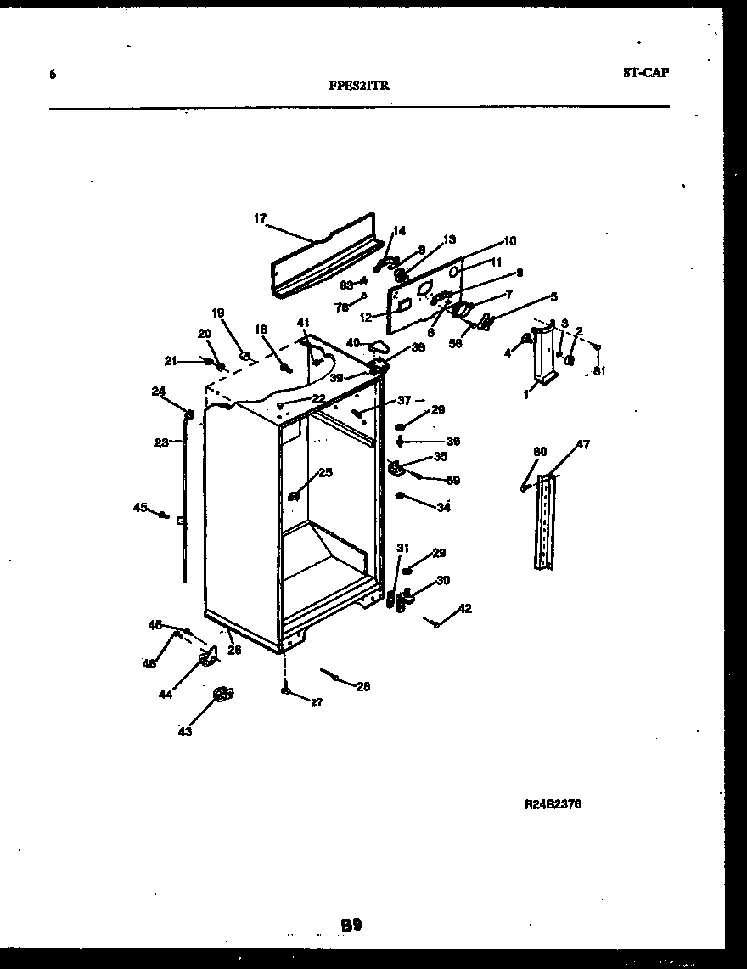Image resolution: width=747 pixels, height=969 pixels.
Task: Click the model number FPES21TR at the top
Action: [x=359, y=85]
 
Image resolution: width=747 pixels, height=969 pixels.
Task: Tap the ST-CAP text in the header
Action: [x=645, y=72]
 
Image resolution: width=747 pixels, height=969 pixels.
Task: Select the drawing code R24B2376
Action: [x=553, y=803]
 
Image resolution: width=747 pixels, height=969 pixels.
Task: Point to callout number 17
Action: [x=260, y=218]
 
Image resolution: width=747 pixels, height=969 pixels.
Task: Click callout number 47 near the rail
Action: [x=583, y=444]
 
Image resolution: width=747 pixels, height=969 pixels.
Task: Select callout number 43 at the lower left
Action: [x=184, y=731]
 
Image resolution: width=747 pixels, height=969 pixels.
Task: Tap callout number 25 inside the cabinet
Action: [x=325, y=472]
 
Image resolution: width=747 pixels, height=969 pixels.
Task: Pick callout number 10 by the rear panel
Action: [x=509, y=240]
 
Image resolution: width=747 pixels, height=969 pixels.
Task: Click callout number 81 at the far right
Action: [x=599, y=370]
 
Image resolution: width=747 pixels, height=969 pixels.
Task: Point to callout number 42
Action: [x=464, y=608]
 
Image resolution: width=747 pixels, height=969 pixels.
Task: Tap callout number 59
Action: [x=453, y=480]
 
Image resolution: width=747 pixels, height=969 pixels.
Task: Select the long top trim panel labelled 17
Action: [x=323, y=255]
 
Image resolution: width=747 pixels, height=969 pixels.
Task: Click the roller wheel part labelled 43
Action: [x=222, y=695]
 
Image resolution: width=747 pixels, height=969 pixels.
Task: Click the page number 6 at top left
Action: [x=53, y=75]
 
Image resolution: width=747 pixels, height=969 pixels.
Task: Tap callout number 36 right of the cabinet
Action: [x=453, y=441]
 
